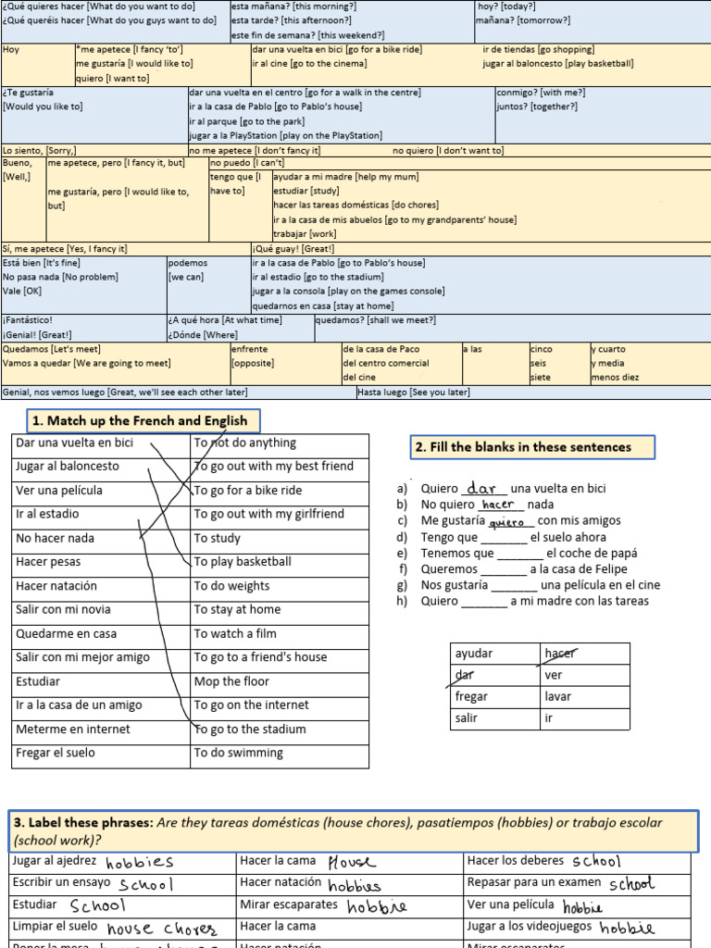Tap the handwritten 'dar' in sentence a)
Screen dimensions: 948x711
(x=483, y=488)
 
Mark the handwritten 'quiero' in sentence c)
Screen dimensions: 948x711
(x=506, y=521)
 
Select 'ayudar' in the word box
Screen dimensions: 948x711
(x=474, y=654)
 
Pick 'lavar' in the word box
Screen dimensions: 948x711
(x=558, y=696)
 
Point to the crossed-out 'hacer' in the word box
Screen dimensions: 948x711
(x=559, y=654)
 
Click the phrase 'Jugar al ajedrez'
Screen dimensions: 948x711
(x=55, y=861)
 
